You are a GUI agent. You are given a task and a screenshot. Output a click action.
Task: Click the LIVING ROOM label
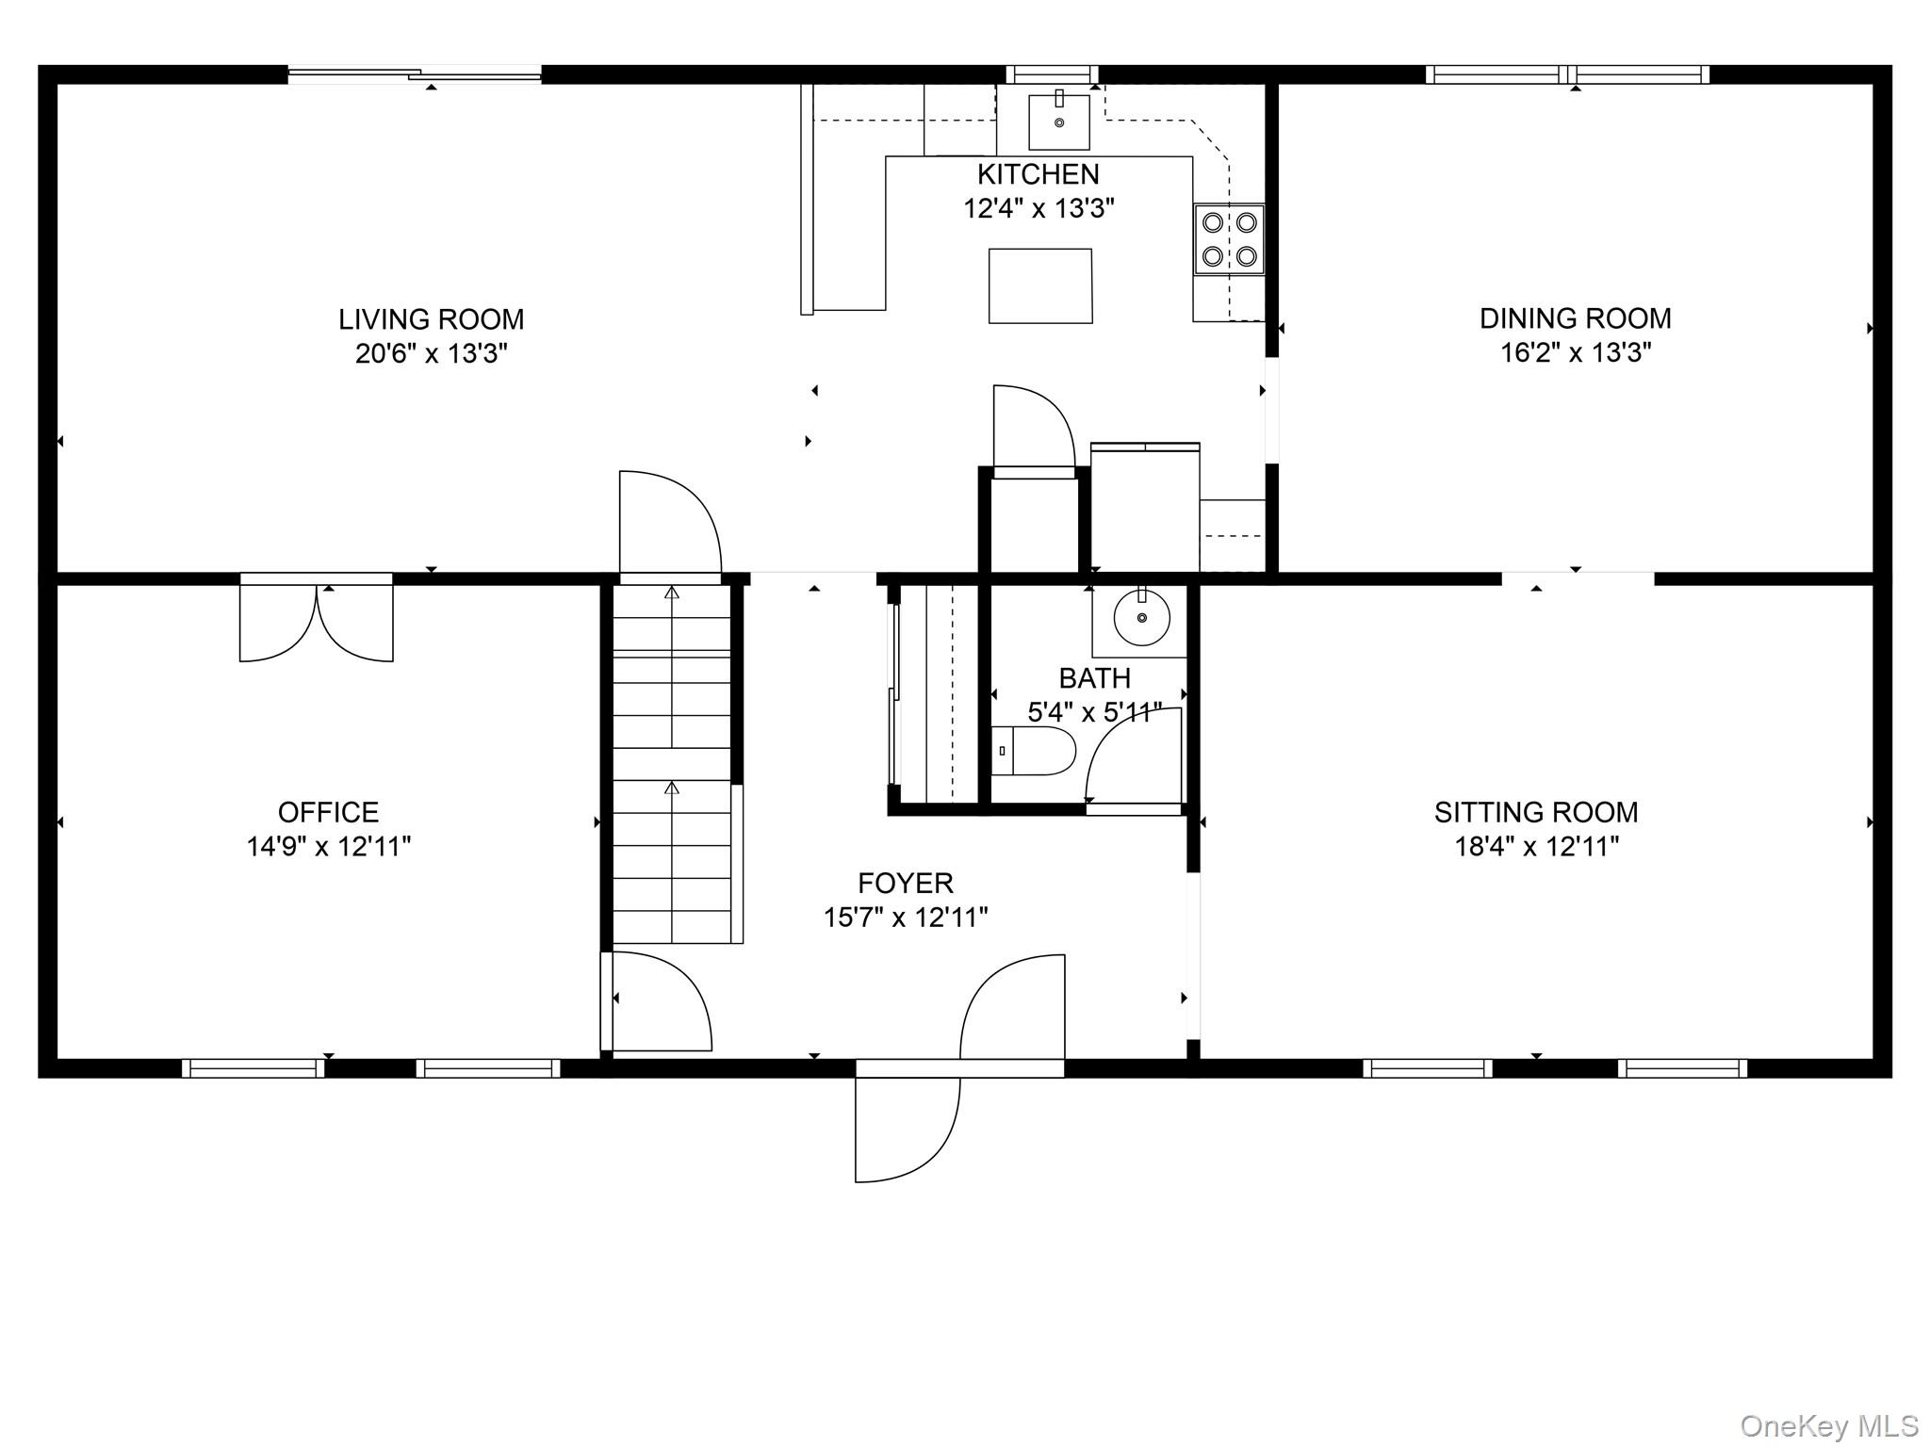[432, 319]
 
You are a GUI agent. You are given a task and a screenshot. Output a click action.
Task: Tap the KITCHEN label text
[1038, 174]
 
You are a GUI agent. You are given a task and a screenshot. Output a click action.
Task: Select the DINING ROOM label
[1576, 318]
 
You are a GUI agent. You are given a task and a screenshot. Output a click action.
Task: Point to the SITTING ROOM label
[1536, 812]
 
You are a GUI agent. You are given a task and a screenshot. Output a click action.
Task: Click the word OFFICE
[328, 812]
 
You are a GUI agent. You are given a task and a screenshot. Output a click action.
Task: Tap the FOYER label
[906, 883]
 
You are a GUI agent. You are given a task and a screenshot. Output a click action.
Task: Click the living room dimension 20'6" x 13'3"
[432, 354]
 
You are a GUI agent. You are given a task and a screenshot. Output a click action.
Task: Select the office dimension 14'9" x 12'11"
[329, 847]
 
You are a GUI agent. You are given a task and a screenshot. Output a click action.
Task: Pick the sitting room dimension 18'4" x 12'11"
[1537, 847]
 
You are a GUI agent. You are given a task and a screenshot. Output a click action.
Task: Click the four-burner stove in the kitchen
[1229, 239]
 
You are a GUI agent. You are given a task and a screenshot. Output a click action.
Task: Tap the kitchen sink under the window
[1059, 122]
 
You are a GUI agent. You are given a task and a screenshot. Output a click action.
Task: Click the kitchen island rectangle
[1040, 286]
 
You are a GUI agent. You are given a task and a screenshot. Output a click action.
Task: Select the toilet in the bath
[1033, 751]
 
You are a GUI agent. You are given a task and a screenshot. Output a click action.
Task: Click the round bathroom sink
[1141, 618]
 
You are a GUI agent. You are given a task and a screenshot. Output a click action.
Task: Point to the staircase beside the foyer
[672, 764]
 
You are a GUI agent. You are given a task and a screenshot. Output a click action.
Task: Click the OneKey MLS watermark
[1829, 1425]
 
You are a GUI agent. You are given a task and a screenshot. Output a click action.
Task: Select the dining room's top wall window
[1566, 74]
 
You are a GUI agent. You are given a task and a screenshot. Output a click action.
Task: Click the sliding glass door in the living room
[415, 74]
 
